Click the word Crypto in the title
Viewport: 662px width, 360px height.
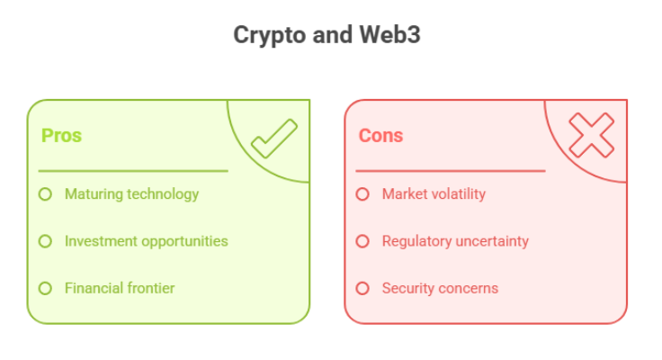point(269,35)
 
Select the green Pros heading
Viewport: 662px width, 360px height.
point(61,136)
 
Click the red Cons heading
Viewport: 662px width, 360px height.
point(380,136)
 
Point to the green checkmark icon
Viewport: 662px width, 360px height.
point(274,139)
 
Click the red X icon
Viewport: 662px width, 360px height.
point(592,135)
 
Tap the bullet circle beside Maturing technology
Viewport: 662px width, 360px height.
point(45,194)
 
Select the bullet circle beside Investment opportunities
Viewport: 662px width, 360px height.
point(45,241)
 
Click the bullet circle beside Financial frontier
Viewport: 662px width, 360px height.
point(45,289)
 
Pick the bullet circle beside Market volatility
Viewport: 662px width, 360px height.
point(362,194)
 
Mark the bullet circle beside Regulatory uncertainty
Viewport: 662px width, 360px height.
point(362,241)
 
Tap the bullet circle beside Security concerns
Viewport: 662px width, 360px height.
point(362,289)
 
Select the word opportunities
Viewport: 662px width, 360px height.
point(184,242)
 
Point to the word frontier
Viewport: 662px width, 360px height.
point(151,288)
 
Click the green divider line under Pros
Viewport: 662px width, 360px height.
point(133,171)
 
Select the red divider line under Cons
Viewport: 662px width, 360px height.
point(451,171)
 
